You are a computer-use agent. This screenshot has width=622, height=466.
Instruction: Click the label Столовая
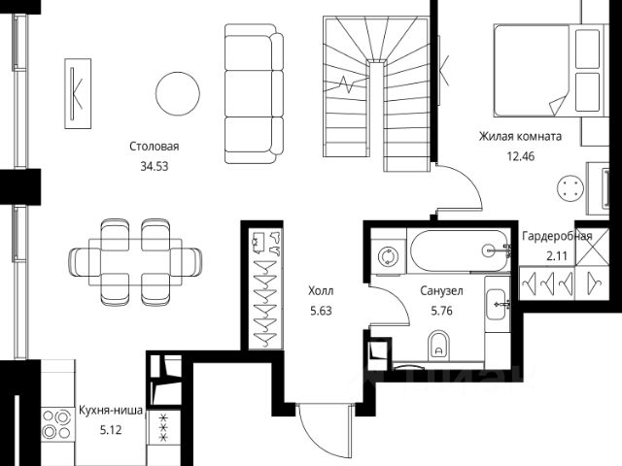[x=155, y=147]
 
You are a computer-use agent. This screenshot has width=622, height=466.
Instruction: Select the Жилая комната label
[x=517, y=136]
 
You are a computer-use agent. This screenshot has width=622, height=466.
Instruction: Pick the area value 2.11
[x=557, y=255]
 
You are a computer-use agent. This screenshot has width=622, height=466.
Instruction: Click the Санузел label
[x=441, y=290]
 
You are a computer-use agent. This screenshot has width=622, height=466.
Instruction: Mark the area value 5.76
[x=441, y=312]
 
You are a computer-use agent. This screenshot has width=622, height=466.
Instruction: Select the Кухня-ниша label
[x=110, y=411]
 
